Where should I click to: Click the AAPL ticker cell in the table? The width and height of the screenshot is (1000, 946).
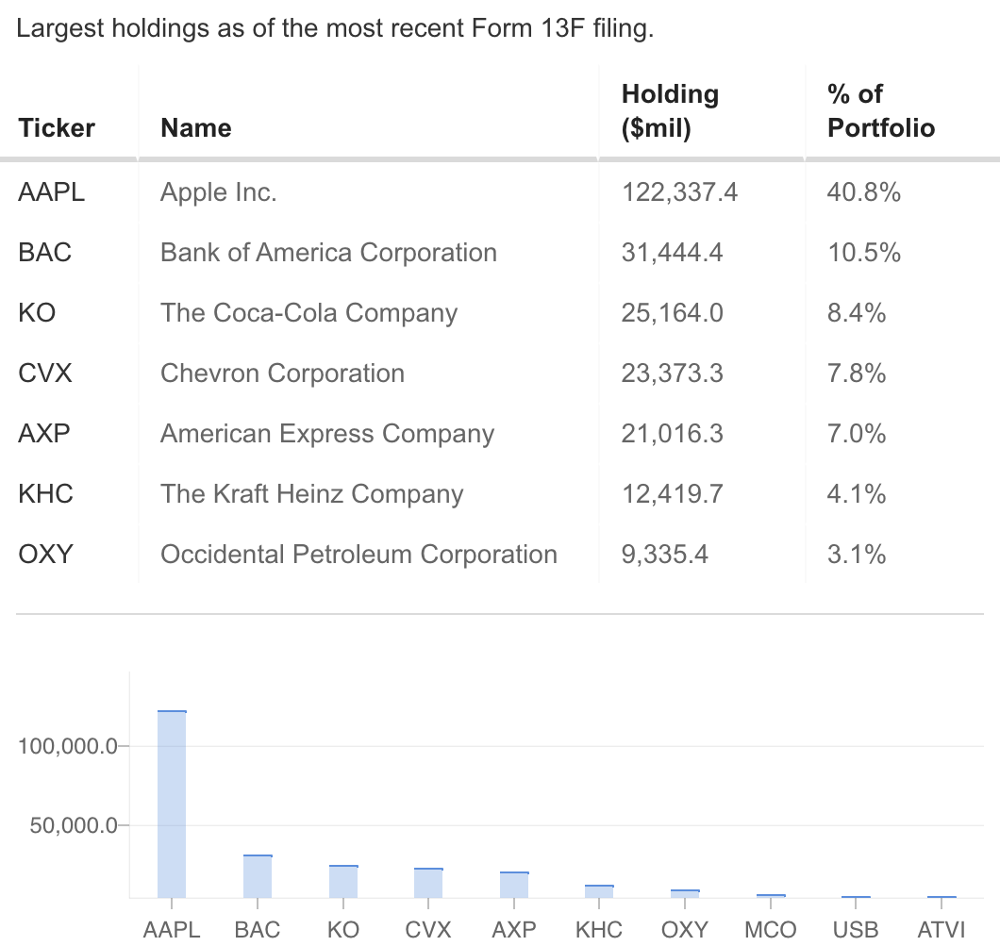click(x=51, y=192)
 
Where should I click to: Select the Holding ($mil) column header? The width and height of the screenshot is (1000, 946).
click(x=670, y=111)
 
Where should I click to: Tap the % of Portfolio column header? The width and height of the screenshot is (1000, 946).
click(x=880, y=111)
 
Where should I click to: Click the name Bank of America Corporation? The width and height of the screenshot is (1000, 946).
click(x=328, y=253)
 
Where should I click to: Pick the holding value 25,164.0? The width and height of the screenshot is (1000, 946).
click(x=672, y=313)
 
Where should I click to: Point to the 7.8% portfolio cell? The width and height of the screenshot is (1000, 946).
click(x=856, y=373)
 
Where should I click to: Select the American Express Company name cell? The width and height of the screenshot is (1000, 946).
click(x=326, y=434)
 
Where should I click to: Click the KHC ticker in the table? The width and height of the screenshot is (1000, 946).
click(x=45, y=494)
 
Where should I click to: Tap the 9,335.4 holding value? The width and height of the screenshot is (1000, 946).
click(x=664, y=555)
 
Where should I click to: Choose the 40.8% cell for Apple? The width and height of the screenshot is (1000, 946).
click(x=863, y=192)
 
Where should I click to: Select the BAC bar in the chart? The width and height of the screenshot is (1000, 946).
click(x=258, y=876)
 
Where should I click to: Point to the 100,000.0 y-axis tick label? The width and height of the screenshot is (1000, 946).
click(x=67, y=746)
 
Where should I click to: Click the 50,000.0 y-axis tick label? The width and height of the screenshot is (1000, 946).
click(x=72, y=825)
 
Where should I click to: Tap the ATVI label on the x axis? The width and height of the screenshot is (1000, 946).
click(x=941, y=929)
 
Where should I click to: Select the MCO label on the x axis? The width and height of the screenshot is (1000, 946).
click(x=770, y=929)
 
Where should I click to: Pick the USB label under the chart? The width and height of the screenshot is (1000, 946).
click(x=855, y=929)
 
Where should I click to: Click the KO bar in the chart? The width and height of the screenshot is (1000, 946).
click(x=343, y=881)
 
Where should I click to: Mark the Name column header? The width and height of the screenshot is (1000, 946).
click(x=196, y=127)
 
